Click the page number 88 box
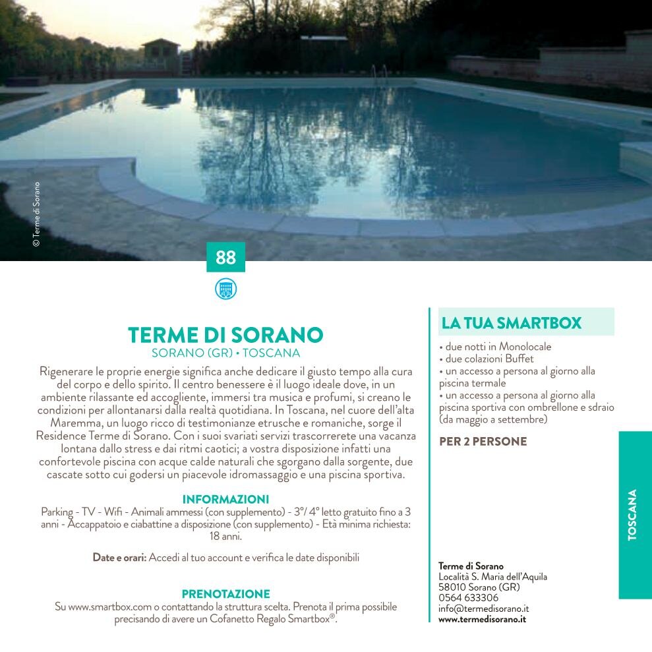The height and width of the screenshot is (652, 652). pos(225,257)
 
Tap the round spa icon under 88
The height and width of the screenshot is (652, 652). pos(225,289)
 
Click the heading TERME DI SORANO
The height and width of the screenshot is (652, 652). pos(225,335)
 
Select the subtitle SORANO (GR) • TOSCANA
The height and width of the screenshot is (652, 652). pos(225,353)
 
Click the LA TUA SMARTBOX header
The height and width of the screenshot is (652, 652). pos(512,323)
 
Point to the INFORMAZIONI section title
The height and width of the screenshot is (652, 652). pos(225,499)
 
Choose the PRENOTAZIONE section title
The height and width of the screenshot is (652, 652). pos(225,594)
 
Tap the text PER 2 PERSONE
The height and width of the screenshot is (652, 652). pos(483,442)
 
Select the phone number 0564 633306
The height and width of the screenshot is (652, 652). pos(468,598)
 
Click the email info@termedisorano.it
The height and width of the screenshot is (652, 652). pos(483,608)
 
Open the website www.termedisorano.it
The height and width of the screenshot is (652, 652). pos(482,619)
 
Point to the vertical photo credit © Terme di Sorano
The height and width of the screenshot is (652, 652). pos(37,214)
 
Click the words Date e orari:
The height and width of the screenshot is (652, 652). pos(119,558)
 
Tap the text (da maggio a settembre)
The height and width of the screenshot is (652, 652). pos(493,419)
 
